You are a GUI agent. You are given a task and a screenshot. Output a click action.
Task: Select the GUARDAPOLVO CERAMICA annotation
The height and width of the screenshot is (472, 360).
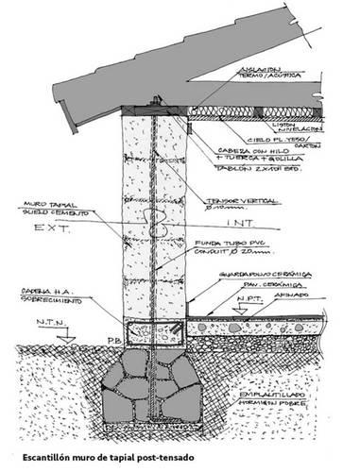pyautogui.click(x=264, y=276)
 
